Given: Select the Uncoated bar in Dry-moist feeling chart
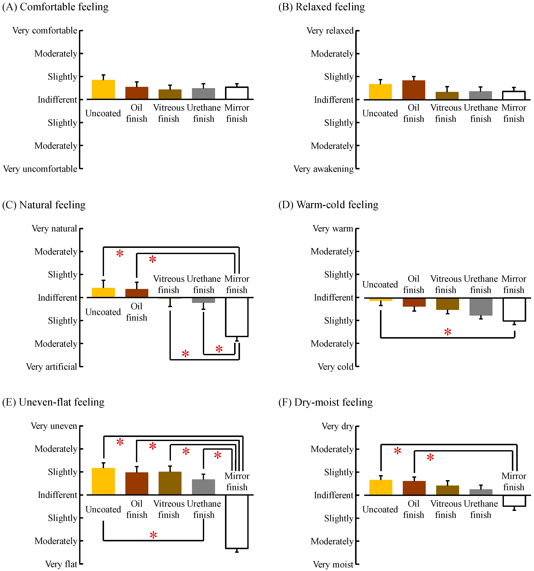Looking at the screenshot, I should (x=380, y=487).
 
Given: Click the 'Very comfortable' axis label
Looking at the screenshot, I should (x=45, y=30).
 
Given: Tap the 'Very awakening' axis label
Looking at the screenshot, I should (x=323, y=169).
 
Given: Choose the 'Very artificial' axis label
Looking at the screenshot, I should (x=51, y=367).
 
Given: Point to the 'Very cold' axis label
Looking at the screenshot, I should (x=335, y=367).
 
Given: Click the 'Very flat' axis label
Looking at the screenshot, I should (x=61, y=564).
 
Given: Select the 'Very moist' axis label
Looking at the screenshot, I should (x=333, y=564).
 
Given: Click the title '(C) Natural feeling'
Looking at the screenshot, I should (x=44, y=205).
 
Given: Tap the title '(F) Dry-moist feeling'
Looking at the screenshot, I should (x=326, y=402).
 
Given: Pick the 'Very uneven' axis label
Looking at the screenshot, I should (x=54, y=426).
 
